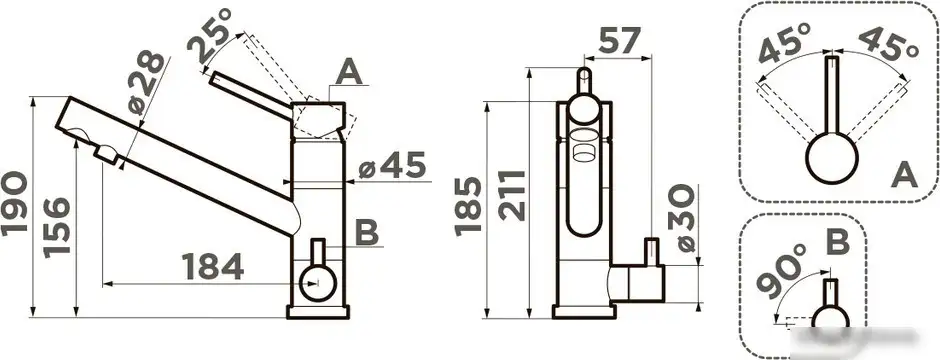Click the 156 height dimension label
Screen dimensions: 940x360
(57, 228)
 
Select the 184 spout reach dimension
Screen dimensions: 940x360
(212, 267)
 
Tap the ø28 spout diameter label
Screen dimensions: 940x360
(146, 83)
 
